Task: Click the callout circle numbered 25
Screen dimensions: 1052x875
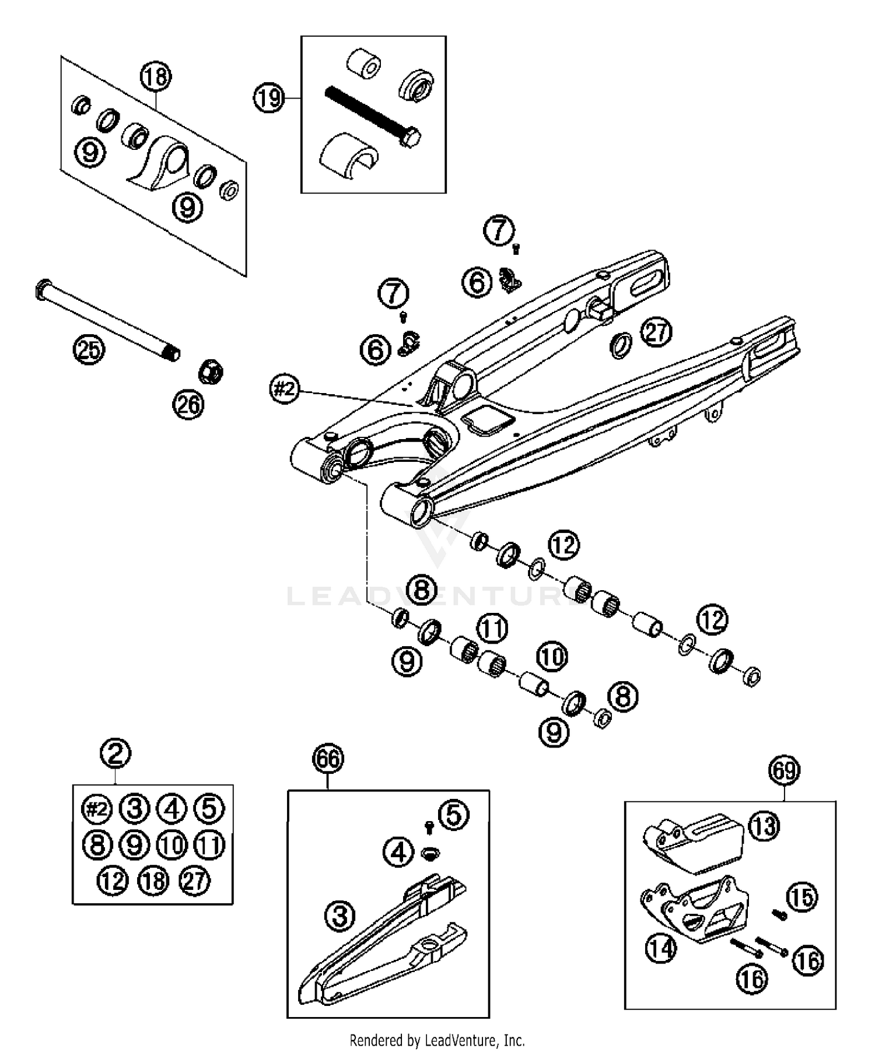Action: pyautogui.click(x=89, y=350)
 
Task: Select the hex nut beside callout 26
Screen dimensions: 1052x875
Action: pyautogui.click(x=211, y=371)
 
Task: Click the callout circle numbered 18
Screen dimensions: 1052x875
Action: pyautogui.click(x=156, y=76)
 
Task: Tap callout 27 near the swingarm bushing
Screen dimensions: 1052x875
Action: pyautogui.click(x=656, y=333)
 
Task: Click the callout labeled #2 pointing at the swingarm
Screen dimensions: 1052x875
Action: pyautogui.click(x=285, y=388)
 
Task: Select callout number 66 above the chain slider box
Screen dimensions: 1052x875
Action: pyautogui.click(x=328, y=759)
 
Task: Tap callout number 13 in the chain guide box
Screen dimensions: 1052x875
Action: pyautogui.click(x=764, y=825)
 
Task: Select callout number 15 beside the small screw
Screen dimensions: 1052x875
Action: pyautogui.click(x=802, y=897)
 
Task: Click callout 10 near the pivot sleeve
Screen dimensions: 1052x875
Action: pyautogui.click(x=551, y=657)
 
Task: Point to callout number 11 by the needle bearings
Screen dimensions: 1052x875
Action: pyautogui.click(x=492, y=629)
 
